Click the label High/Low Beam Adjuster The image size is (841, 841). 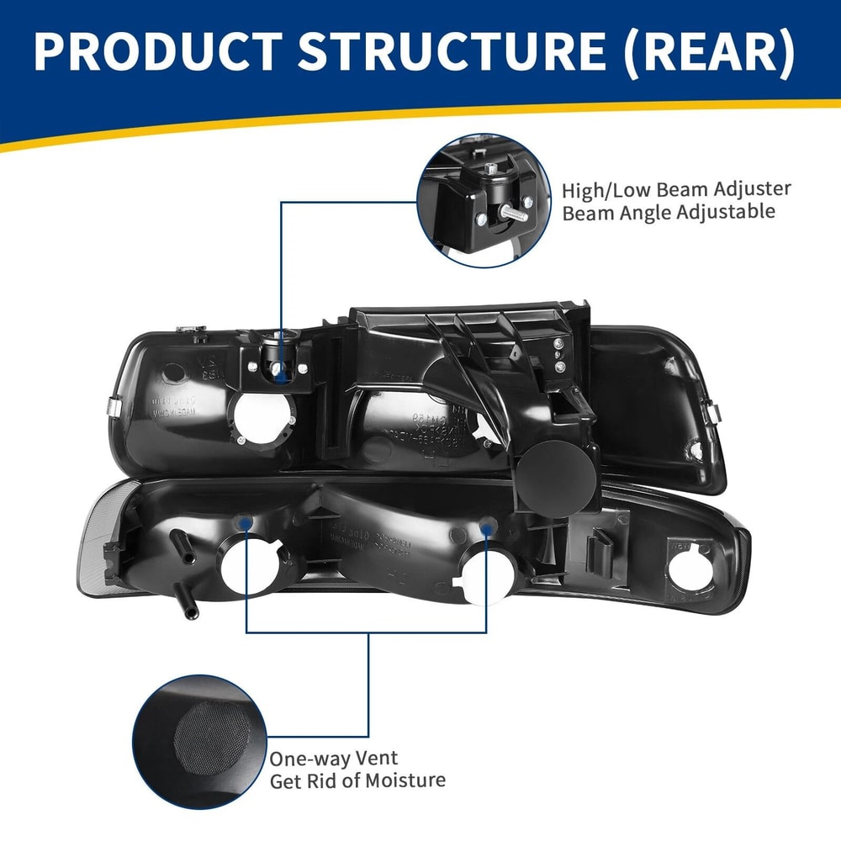click(x=676, y=190)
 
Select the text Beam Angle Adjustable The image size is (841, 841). click(x=668, y=212)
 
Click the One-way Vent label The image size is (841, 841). click(x=334, y=759)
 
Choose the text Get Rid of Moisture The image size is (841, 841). click(x=357, y=781)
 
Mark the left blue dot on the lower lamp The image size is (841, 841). click(x=244, y=523)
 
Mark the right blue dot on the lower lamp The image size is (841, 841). click(x=485, y=527)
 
